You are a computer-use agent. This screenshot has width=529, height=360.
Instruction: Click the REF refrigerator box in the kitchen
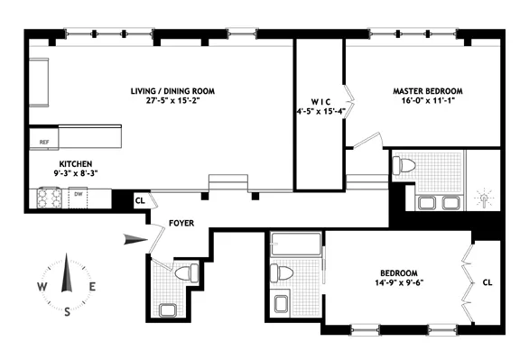coord(44,142)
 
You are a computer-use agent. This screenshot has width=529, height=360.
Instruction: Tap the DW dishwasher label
coord(79,193)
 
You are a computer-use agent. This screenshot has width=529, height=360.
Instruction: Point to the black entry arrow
coord(135,238)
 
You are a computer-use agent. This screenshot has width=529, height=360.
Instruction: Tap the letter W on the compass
coord(42,287)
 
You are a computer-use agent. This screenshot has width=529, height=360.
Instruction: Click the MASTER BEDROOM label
coord(427,91)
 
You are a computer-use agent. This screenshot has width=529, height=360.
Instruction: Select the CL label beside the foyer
coord(140,201)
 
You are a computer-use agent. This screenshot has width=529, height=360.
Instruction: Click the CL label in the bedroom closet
coord(488,280)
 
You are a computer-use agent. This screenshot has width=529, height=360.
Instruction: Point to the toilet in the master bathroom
coord(405,165)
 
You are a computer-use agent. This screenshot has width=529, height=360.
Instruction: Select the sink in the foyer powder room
coord(167,310)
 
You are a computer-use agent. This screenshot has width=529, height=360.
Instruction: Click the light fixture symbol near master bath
coord(487,198)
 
